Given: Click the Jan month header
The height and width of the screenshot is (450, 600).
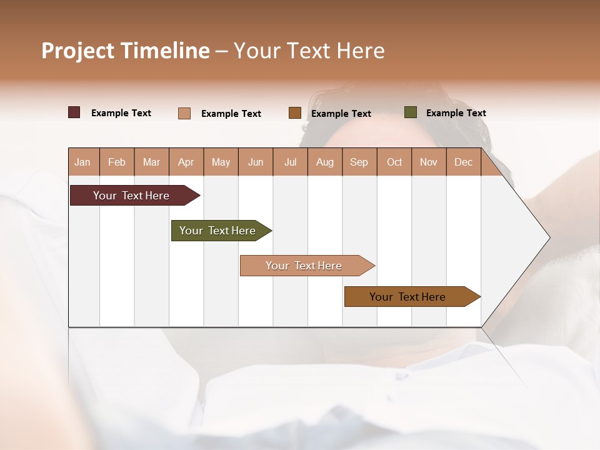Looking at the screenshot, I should pos(82,162).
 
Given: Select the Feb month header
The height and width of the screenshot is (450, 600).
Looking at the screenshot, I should pos(117,162).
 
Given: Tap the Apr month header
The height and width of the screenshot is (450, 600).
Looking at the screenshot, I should pos(186,162).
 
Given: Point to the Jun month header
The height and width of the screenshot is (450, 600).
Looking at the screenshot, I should pos(256,162).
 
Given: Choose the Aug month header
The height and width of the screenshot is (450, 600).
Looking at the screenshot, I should pos(324,162).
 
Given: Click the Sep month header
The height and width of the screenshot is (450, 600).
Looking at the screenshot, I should pos(359,162).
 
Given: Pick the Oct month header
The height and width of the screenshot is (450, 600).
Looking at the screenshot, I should pos(394,162).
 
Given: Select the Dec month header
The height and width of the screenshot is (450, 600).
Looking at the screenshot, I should pos(463,162).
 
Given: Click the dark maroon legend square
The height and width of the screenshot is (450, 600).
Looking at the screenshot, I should pos(74,112).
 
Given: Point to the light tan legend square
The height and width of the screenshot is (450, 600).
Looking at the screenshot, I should pos(184,113).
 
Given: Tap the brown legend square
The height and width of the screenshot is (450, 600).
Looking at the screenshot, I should pos(295,113).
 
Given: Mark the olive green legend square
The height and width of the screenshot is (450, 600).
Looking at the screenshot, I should pos(411,112).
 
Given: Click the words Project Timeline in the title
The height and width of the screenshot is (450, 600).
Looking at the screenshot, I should pos(126,51).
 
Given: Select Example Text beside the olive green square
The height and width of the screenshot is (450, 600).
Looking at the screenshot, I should pos(456,113).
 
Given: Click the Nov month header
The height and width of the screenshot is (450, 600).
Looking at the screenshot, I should pos(429,162).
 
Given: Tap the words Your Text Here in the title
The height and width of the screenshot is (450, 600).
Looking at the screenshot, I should pos(309,51).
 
